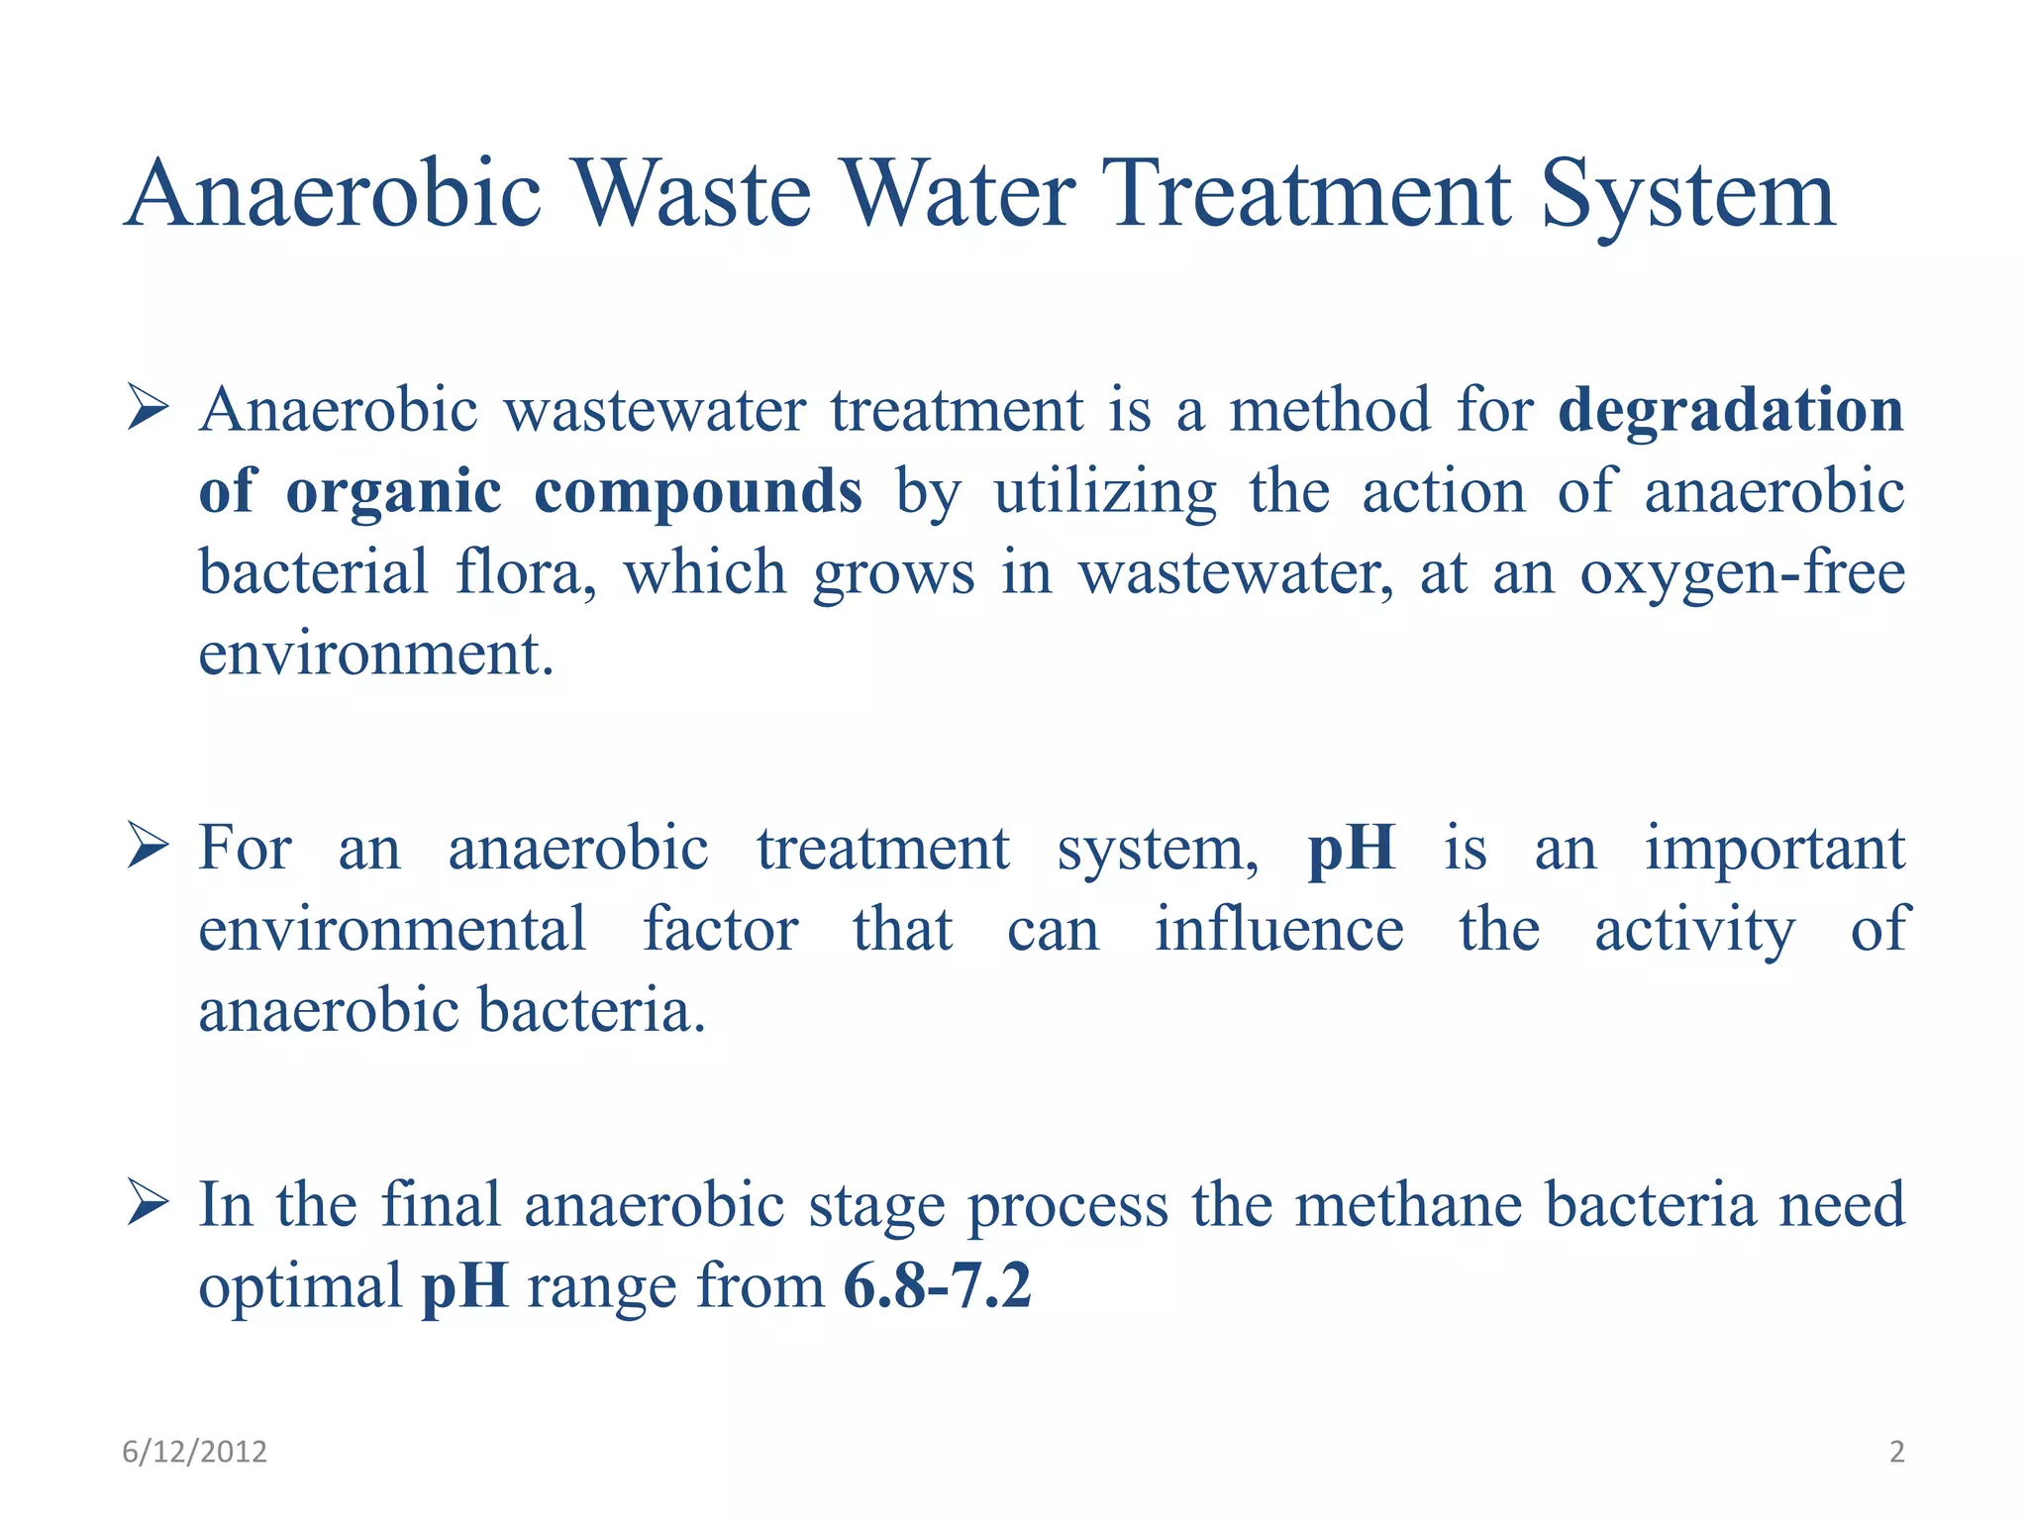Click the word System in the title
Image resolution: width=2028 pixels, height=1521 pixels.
[1687, 194]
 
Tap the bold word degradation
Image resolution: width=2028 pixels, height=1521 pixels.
[1730, 410]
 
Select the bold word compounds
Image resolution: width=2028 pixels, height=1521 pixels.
[698, 491]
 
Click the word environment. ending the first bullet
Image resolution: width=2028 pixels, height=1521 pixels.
[375, 654]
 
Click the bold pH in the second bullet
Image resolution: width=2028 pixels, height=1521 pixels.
[1352, 849]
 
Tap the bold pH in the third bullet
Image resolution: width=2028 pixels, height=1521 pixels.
[464, 1286]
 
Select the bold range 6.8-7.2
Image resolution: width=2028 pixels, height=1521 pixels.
[937, 1286]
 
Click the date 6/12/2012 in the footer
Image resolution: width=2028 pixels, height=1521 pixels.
[194, 1452]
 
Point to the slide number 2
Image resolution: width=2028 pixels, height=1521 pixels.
[1896, 1452]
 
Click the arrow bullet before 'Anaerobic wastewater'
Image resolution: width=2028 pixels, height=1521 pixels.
[148, 410]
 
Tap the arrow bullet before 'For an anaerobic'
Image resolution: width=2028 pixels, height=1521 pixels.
[148, 849]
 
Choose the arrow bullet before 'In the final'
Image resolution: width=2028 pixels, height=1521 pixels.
[148, 1205]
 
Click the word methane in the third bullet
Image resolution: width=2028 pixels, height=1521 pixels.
[1408, 1205]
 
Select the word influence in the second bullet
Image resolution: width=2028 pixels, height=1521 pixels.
[1278, 930]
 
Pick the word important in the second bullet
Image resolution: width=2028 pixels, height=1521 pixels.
[1774, 849]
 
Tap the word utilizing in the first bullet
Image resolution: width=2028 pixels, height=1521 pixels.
[1105, 491]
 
